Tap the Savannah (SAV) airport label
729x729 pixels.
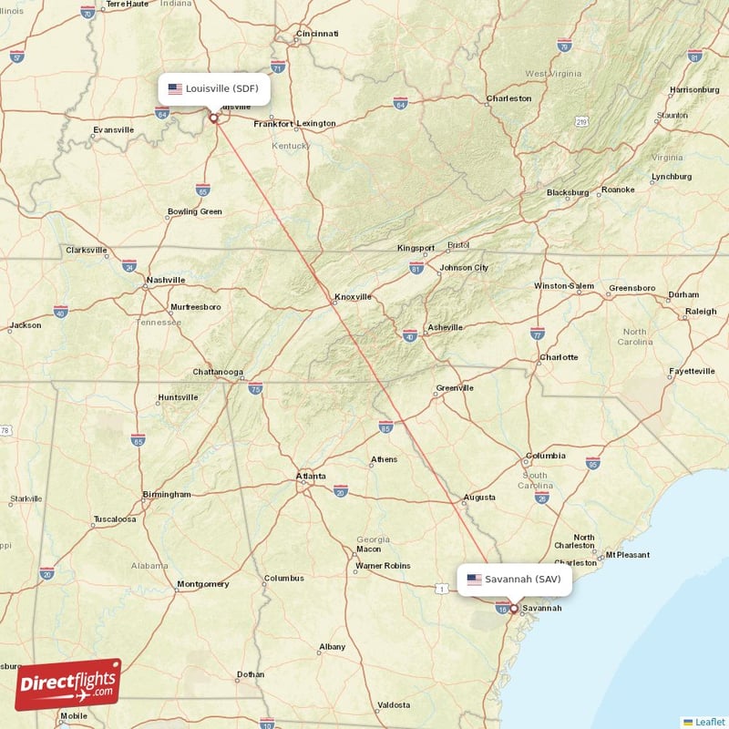coord(515,579)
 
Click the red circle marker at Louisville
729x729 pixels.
coord(214,117)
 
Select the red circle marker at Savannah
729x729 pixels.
coord(513,608)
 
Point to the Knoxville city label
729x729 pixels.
coord(353,296)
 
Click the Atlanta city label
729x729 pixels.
coord(310,476)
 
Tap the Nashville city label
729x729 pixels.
coord(166,280)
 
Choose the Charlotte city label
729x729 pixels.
coord(559,357)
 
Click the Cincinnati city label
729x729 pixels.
coord(316,34)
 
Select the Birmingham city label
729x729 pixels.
coord(167,494)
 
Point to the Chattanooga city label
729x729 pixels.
coord(218,372)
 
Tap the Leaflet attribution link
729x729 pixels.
coord(709,721)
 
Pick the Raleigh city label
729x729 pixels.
coord(701,312)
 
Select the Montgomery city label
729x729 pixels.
coord(202,583)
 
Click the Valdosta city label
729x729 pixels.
coord(394,704)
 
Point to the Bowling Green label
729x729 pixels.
coord(194,211)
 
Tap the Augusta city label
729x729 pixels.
coord(479,498)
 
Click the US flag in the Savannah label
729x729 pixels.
coord(474,579)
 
